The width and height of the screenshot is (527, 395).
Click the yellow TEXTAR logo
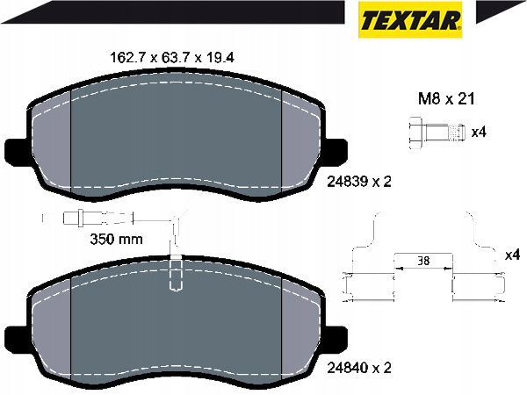pos(410,19)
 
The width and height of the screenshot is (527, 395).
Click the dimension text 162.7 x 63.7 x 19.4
pos(172,58)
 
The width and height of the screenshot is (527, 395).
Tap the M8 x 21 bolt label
pos(446,99)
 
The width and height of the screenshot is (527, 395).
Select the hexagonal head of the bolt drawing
pos(416,133)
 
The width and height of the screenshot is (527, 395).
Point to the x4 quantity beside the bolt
pos(479,133)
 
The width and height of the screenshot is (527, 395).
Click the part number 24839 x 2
pos(359,182)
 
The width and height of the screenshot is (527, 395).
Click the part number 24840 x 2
pos(359,368)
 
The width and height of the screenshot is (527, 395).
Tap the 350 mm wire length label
pos(116,239)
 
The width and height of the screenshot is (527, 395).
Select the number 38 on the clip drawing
pos(423,261)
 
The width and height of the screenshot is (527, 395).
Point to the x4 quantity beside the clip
pos(512,255)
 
